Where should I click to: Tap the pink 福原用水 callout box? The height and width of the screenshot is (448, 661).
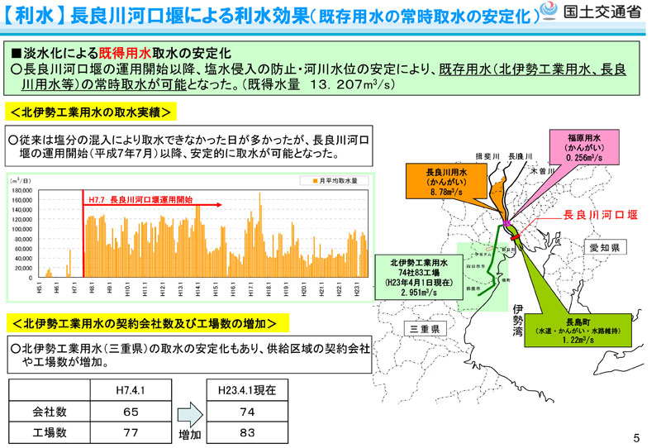click(x=587, y=145)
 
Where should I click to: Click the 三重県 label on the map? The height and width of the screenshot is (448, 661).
click(x=427, y=329)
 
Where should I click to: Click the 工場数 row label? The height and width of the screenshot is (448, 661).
click(x=49, y=431)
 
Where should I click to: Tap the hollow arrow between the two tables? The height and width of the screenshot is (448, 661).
click(x=189, y=410)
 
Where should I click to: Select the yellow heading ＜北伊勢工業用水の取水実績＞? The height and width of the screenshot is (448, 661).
click(x=91, y=110)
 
